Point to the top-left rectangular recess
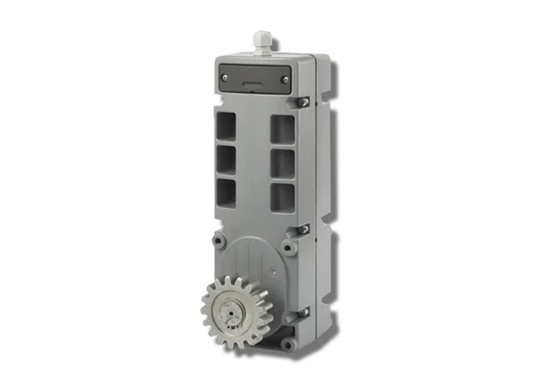pos(226,123)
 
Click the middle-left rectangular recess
pos(226,158)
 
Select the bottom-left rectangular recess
pos(226,192)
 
